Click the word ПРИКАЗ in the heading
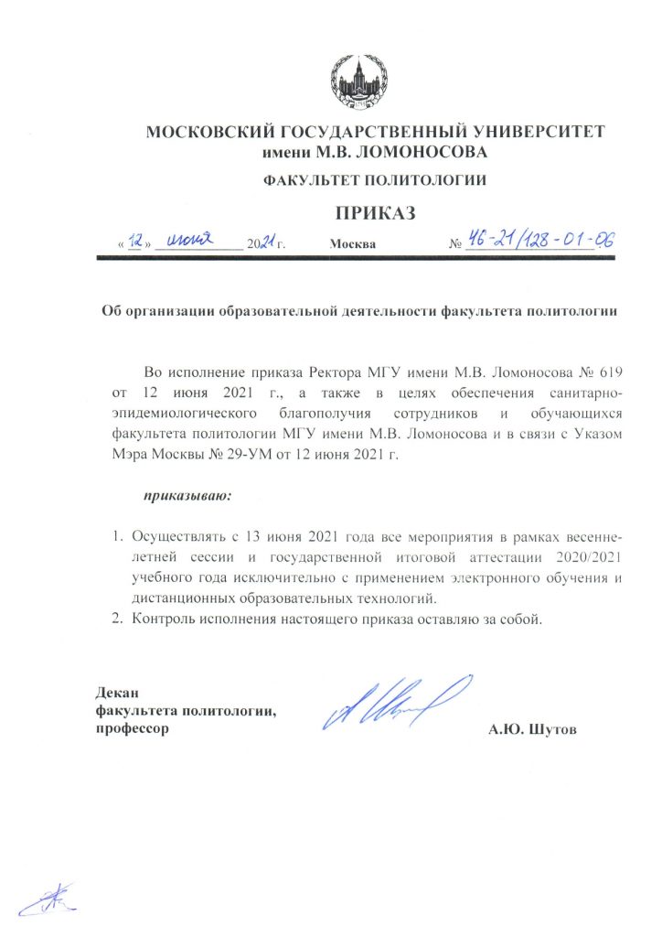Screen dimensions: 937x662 pos(375,214)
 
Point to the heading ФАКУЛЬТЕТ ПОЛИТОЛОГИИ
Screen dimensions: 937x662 pos(375,180)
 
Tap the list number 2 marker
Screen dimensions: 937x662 pos(116,619)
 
